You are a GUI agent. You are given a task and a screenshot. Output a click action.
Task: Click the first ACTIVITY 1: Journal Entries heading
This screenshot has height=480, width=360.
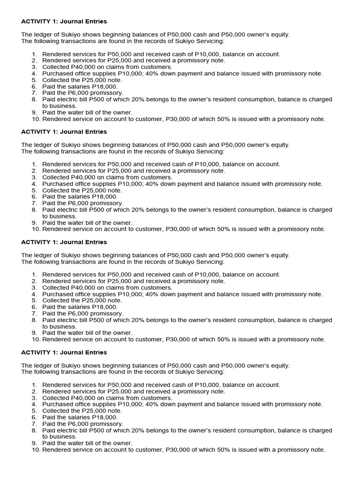64,22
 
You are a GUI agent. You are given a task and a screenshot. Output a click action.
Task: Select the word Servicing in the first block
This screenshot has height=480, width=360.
209,41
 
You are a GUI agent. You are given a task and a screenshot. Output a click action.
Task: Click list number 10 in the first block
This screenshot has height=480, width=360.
36,119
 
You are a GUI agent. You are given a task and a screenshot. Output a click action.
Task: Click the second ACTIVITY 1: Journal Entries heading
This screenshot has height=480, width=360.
64,132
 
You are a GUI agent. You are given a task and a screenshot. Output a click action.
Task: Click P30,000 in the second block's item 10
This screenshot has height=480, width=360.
178,229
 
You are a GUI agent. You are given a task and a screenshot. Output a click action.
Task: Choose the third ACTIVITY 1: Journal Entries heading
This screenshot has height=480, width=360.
64,242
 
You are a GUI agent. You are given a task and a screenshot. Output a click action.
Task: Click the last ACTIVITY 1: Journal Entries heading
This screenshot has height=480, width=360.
64,352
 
